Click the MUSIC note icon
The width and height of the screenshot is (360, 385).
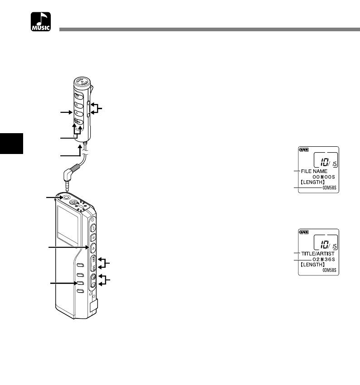coord(41,22)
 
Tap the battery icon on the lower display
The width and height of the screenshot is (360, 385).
coord(303,232)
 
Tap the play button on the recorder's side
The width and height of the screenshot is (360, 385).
coord(92,247)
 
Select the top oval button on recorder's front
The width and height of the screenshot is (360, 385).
coord(79,265)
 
